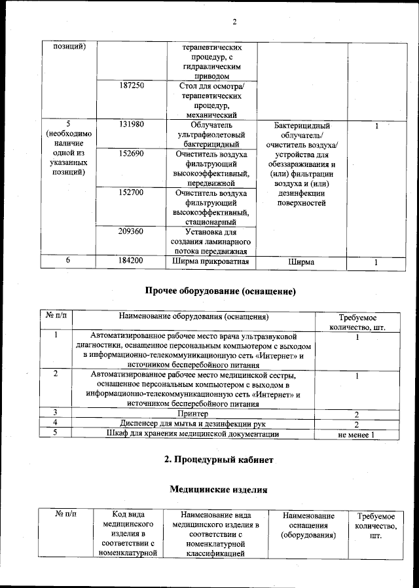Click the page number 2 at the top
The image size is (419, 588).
coord(234,24)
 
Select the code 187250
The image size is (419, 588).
coord(132,86)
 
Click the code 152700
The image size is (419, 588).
coord(132,193)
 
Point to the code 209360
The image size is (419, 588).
coord(132,232)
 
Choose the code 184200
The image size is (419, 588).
coord(132,261)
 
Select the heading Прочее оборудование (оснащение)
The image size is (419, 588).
coord(216,290)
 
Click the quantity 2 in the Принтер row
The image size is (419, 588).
coord(357,414)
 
